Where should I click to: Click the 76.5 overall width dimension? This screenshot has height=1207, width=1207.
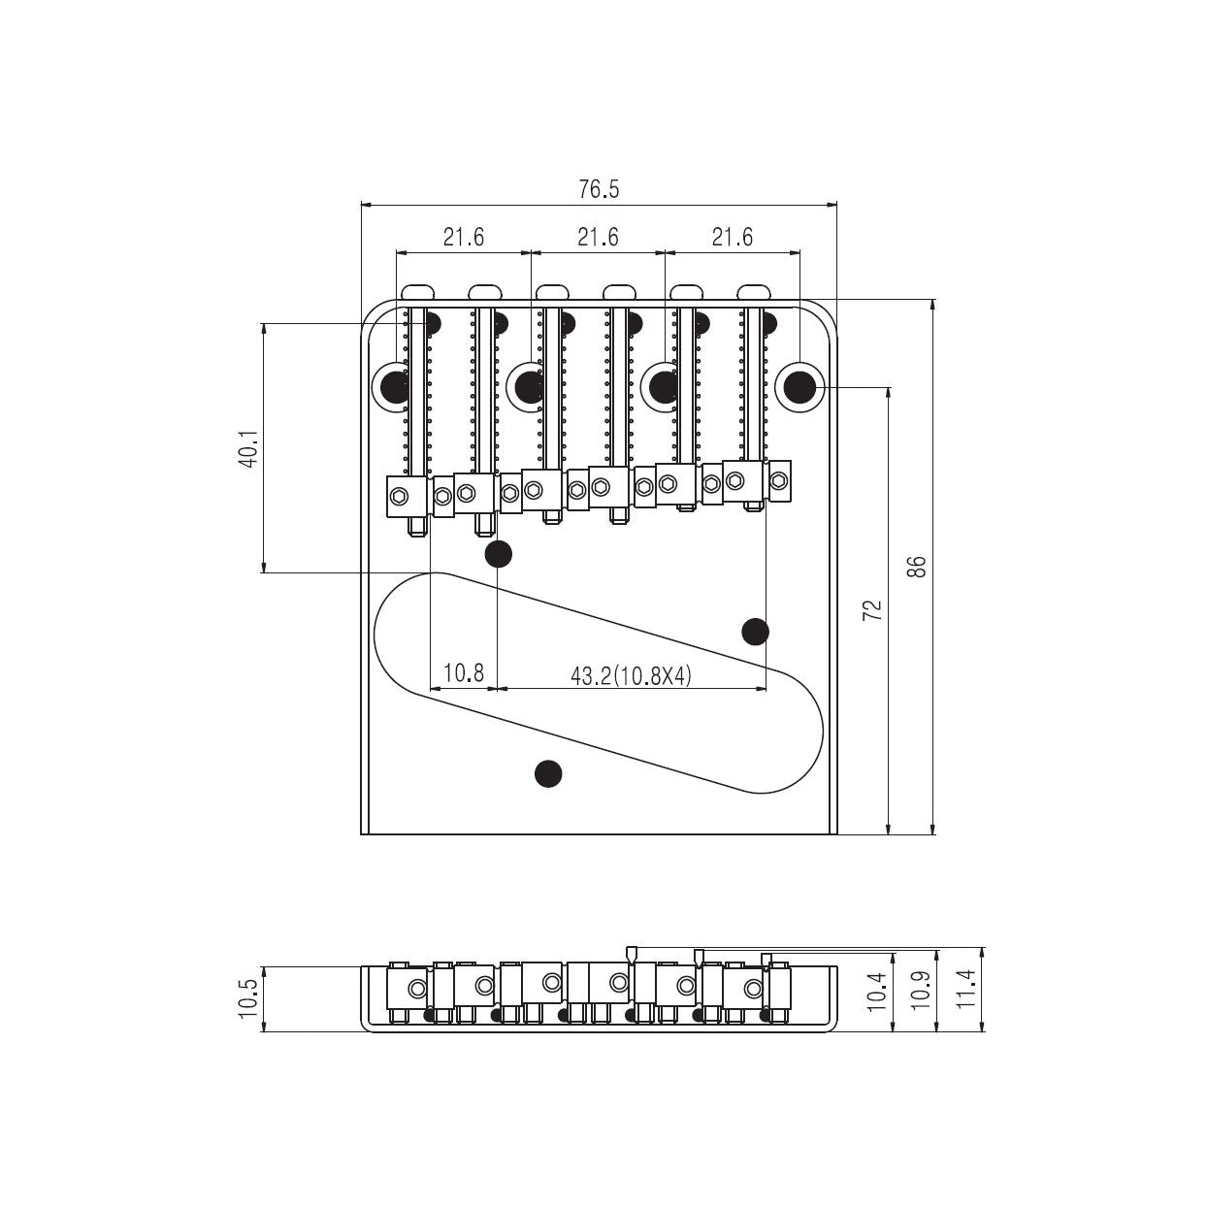point(598,189)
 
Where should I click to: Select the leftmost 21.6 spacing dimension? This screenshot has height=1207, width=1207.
point(463,237)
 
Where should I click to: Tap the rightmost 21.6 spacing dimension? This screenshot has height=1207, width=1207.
point(732,237)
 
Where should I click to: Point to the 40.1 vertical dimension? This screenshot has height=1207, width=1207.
point(248,449)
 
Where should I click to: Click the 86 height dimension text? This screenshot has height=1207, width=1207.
point(917,566)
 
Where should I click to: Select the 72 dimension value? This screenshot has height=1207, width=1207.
point(872,609)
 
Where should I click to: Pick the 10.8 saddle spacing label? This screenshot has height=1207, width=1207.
point(463,673)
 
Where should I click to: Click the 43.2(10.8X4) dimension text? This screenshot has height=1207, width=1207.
point(631,675)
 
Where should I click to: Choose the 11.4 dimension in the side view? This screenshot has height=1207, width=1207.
point(965,990)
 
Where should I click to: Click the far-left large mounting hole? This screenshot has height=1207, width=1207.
point(396,387)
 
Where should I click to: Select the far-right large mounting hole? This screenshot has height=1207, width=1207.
point(799,386)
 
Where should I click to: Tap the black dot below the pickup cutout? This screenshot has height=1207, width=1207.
point(548,772)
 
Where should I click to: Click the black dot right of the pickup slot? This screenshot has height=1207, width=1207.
point(755,632)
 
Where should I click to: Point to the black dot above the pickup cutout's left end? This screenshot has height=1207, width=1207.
point(498,554)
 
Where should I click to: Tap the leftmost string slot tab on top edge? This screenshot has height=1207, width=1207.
point(418,290)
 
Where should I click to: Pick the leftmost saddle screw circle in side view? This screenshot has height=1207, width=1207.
point(417,989)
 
